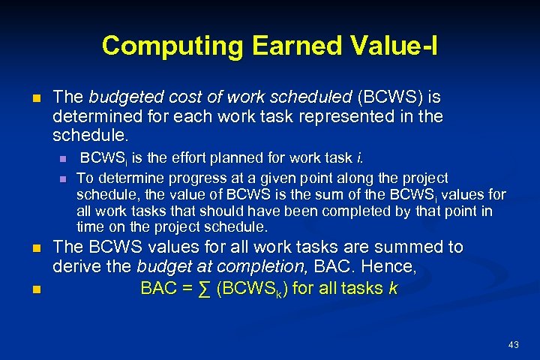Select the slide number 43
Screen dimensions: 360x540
(x=513, y=344)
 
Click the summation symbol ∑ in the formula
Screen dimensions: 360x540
(x=206, y=289)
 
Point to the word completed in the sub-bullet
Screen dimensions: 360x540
(x=364, y=211)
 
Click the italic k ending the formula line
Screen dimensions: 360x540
(x=393, y=289)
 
